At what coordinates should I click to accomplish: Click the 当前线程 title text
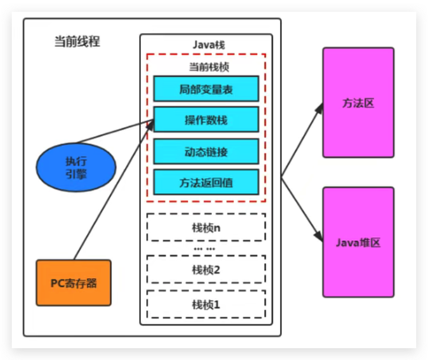click(x=77, y=42)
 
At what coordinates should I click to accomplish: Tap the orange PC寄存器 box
click(x=73, y=283)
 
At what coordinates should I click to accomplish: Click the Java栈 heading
click(x=206, y=45)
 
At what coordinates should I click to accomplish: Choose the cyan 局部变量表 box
click(x=206, y=89)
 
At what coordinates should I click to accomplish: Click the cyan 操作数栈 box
click(x=206, y=120)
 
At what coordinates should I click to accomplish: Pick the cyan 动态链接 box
click(x=206, y=152)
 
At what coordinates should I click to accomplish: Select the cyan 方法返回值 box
click(x=206, y=182)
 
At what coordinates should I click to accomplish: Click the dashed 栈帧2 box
click(x=206, y=270)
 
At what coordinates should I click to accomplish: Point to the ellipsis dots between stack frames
click(x=206, y=248)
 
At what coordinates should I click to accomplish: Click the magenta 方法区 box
click(x=358, y=103)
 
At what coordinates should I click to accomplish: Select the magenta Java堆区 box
click(x=358, y=242)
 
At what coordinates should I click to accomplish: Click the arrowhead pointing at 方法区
click(x=319, y=109)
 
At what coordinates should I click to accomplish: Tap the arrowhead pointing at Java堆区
click(x=319, y=237)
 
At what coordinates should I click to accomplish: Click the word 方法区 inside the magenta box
click(x=358, y=103)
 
